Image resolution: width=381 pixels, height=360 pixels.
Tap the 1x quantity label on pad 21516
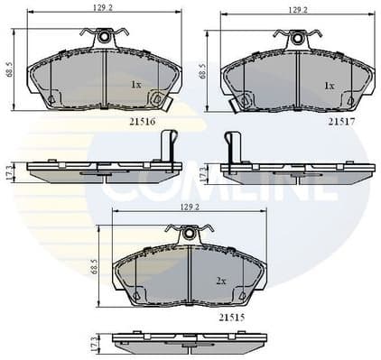point(136,85)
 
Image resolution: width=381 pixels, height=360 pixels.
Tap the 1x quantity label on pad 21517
point(330,86)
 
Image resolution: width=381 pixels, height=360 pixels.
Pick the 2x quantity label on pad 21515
point(220,281)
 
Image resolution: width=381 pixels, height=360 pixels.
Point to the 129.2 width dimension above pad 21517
point(297,9)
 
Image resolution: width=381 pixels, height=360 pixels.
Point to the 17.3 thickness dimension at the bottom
point(95,344)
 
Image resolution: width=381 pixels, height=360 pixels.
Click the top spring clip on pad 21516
point(104,38)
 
